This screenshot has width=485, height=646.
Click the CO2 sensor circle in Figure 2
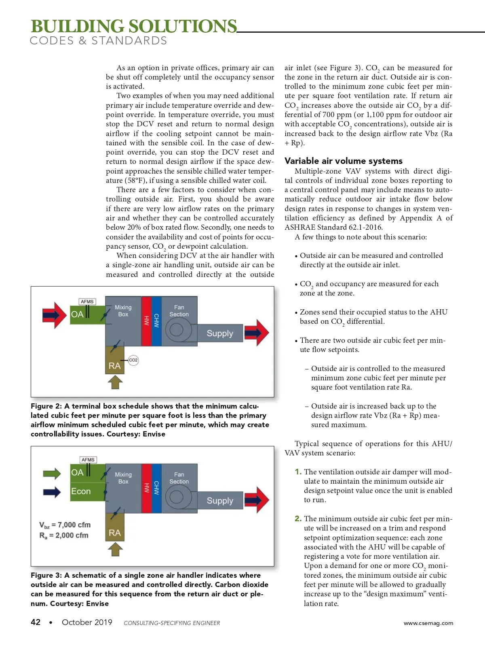pos(133,360)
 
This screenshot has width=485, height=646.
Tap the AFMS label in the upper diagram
pos(87,302)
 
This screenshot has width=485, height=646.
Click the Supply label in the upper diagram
pos(220,333)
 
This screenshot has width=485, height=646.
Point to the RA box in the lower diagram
pos(115,533)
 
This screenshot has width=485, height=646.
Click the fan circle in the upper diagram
pos(177,329)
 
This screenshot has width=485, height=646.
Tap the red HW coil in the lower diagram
pos(146,488)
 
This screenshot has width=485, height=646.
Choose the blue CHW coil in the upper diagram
pos(156,321)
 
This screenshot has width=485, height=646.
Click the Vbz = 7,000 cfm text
pos(65,525)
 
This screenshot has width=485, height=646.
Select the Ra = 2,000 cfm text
pos(64,535)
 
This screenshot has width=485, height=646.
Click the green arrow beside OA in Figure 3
pos(52,473)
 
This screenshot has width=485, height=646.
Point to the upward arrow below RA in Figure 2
pos(115,382)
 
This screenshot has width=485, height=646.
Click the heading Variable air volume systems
pos(344,161)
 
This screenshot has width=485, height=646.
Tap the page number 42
pos(36,622)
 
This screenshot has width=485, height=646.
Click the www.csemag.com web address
pos(428,623)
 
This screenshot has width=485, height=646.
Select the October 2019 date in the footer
pos(87,622)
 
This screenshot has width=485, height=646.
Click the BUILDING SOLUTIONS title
pos(133,26)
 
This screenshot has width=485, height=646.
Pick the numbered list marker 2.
pos(298,518)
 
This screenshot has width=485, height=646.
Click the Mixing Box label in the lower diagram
pos(123,478)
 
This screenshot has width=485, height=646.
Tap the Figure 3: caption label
pos(46,575)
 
